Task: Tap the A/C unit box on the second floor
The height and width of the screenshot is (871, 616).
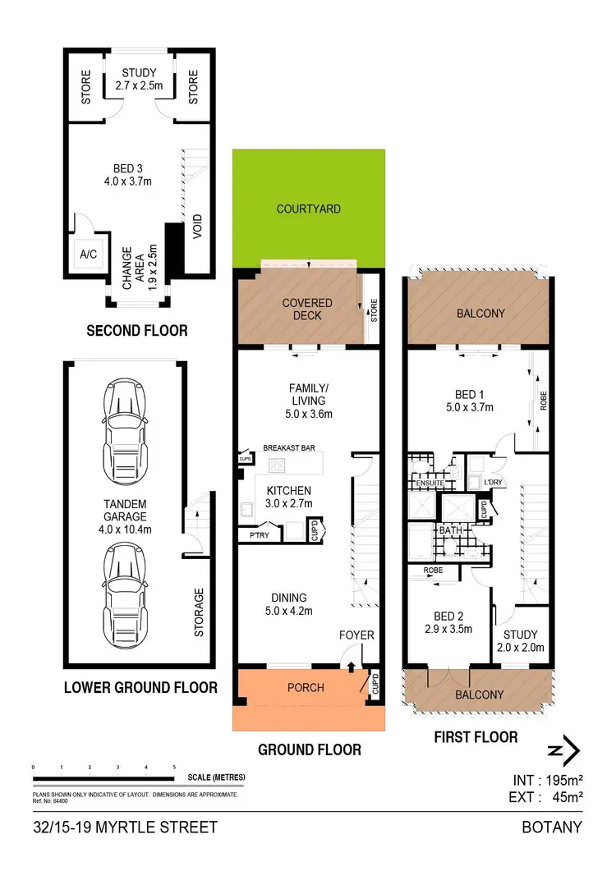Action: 88,254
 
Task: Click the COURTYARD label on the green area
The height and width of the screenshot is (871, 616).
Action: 308,209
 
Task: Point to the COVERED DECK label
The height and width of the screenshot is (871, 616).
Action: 307,309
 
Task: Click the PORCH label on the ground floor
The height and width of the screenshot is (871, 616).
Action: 304,688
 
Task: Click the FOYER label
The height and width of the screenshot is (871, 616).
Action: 356,635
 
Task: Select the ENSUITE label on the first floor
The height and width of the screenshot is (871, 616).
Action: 425,484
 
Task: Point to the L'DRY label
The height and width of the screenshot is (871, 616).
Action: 493,480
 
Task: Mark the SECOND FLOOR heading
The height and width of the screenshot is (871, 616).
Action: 137,331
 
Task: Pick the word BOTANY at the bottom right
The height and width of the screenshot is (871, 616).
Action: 553,827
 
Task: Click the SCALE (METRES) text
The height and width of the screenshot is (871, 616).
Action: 216,777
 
